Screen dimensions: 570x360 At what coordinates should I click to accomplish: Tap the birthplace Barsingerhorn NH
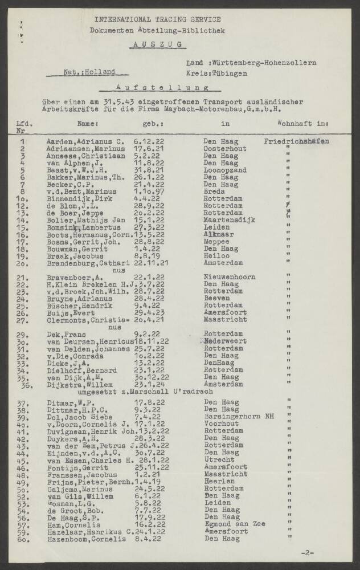coord(239,417)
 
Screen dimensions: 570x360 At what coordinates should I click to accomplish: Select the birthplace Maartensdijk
coord(230,219)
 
